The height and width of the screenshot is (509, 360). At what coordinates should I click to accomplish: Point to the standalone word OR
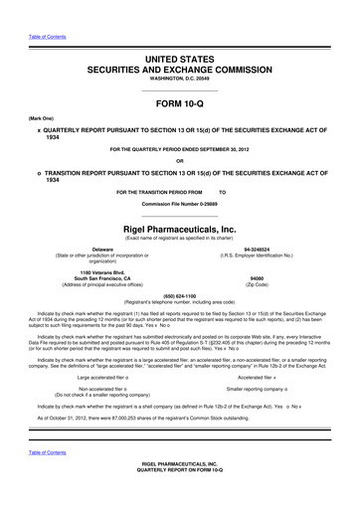pyautogui.click(x=179, y=162)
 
